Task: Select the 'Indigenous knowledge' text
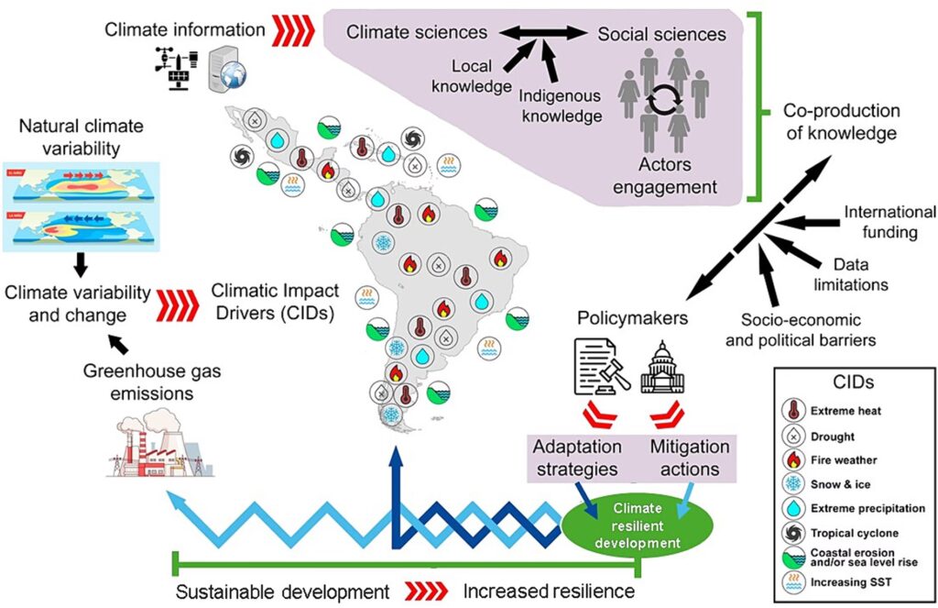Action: tap(561, 105)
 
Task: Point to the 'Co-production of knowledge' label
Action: tap(841, 122)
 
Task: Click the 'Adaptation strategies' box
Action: tap(577, 458)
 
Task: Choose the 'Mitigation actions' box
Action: tap(690, 458)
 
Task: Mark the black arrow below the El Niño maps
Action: tap(81, 264)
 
